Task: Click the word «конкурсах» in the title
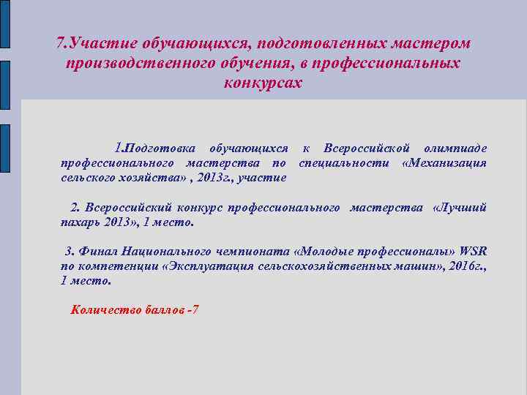pos(263,83)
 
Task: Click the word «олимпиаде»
pos(455,148)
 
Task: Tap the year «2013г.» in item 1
pos(212,177)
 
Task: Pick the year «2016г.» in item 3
pos(468,266)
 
